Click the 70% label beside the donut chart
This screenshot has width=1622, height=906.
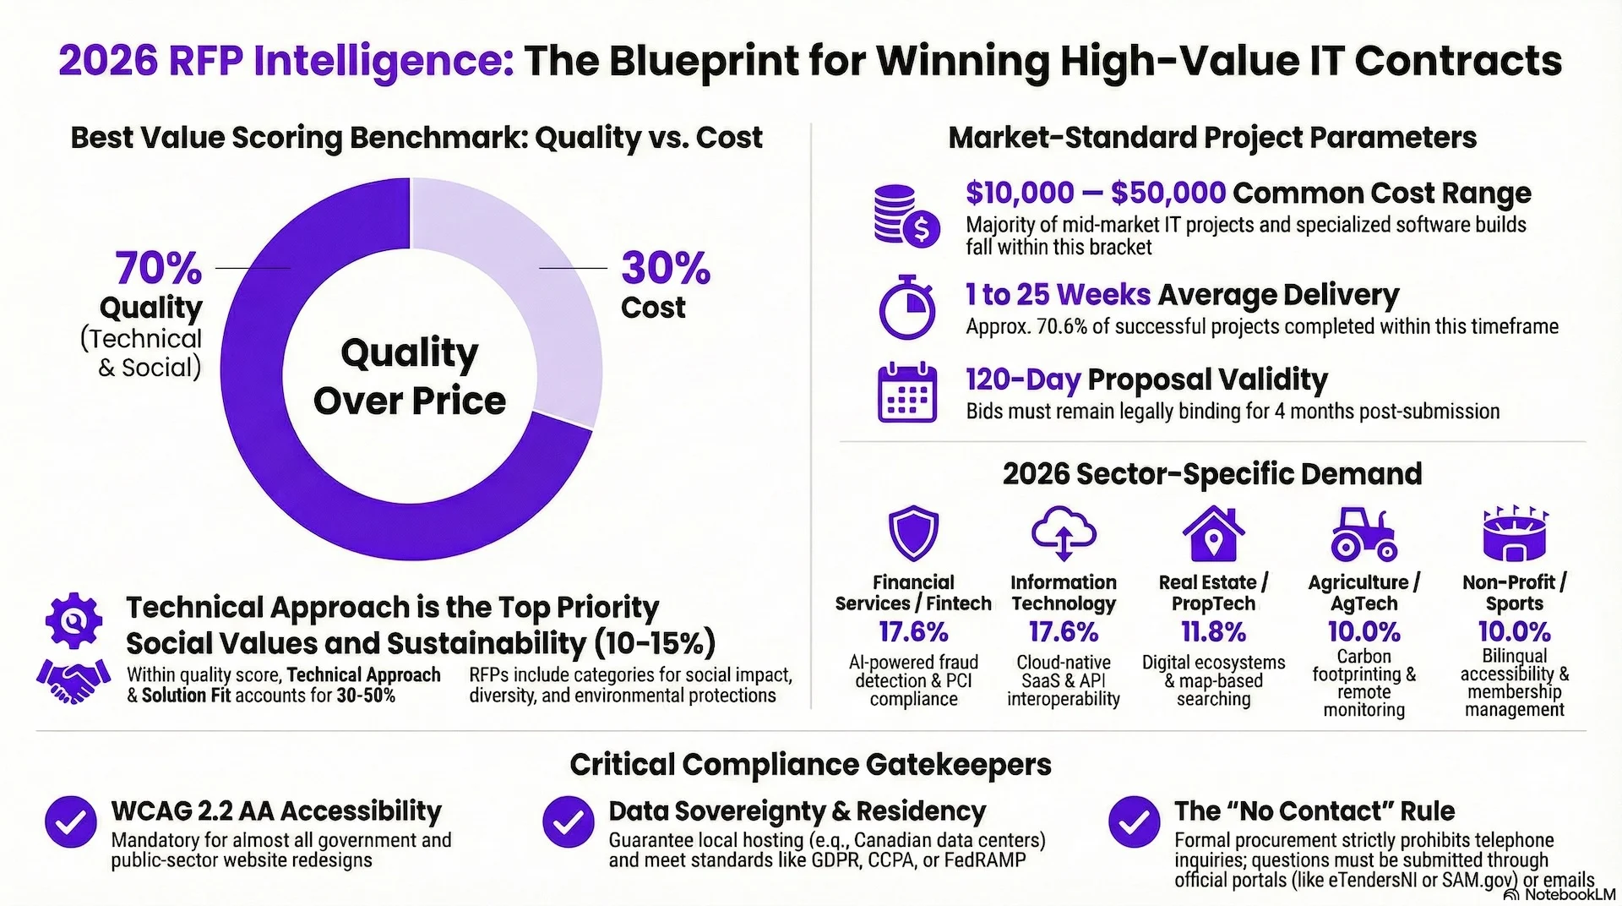coord(159,269)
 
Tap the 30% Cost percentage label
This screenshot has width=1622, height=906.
coord(666,269)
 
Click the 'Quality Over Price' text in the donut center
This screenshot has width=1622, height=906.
coord(410,376)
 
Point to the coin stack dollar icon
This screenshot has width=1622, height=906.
coord(906,216)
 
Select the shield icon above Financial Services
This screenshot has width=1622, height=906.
coord(913,533)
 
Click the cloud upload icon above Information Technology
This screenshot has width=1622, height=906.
coord(1064,533)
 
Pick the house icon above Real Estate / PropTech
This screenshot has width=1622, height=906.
coord(1213,533)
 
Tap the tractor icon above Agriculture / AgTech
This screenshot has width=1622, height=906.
coord(1363,535)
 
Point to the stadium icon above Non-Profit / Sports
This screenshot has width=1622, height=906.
coord(1515,533)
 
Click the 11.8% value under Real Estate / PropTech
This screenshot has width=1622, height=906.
coord(1213,632)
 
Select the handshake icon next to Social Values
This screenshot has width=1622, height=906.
coord(73,679)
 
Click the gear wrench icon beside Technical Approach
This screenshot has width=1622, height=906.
coord(74,619)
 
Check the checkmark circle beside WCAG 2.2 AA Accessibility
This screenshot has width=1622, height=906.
coord(71,821)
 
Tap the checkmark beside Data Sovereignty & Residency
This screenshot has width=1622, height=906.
coord(569,821)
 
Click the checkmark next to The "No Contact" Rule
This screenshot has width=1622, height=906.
coord(1134,821)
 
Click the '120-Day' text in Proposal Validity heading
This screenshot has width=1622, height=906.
coord(1023,380)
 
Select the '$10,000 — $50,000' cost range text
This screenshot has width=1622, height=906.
coord(1095,194)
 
